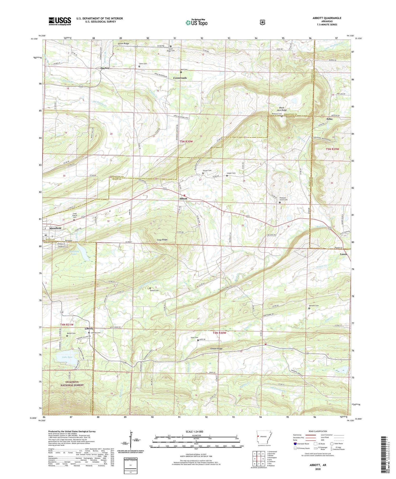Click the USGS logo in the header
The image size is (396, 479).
coord(60,21)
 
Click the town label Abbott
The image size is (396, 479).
coord(183,198)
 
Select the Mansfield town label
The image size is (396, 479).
coord(55,228)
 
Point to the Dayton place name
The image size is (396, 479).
coord(105,68)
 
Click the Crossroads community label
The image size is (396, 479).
coord(180,78)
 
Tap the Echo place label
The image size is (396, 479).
coord(329,119)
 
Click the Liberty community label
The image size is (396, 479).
coord(89,329)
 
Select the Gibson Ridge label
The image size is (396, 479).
coord(217,349)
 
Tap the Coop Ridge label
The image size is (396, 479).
coord(161,240)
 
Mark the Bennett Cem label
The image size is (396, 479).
coord(314,306)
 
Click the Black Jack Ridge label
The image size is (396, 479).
coord(282,109)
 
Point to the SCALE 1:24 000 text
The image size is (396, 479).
coord(194,431)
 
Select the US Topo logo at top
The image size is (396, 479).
coord(196,22)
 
